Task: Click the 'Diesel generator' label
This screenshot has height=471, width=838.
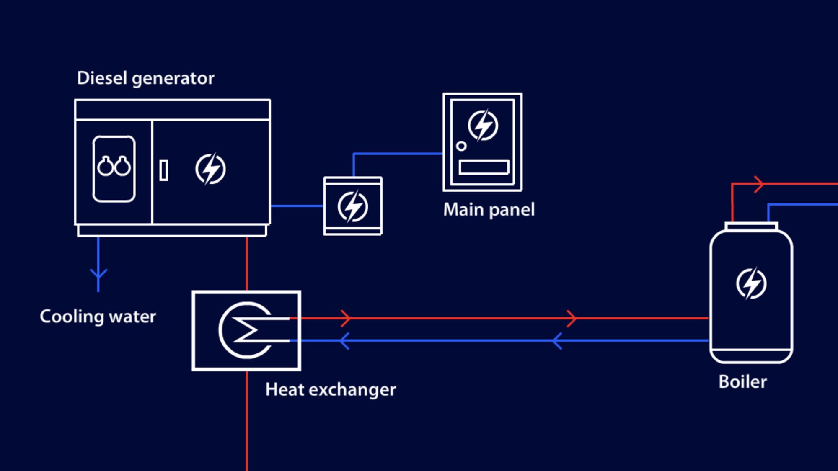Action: point(145,78)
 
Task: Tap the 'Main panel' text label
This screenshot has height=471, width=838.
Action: point(489,210)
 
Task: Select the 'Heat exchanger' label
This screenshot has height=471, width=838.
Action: point(330,390)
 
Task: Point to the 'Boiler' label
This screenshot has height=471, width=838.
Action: point(742,382)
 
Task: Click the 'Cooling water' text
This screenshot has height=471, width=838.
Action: point(98,317)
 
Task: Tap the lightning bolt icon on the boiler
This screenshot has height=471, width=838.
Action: point(751,283)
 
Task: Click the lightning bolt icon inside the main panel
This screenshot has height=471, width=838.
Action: point(483,125)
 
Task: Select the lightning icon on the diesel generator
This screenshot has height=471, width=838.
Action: point(210,169)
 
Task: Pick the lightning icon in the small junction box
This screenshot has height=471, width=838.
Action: point(353,206)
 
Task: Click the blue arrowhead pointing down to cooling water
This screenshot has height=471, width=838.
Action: point(98,274)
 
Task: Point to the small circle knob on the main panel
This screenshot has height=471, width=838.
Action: point(461,146)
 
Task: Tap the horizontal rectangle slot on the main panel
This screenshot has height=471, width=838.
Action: point(484,167)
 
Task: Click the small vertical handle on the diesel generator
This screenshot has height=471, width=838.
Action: point(164,170)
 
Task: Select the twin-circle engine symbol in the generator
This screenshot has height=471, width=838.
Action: point(114,167)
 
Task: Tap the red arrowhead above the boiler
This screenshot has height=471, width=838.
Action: point(758,184)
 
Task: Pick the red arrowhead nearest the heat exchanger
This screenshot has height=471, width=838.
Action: point(346,318)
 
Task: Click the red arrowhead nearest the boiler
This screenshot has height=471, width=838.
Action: point(572,318)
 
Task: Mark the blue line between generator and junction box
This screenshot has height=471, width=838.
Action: point(297,206)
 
